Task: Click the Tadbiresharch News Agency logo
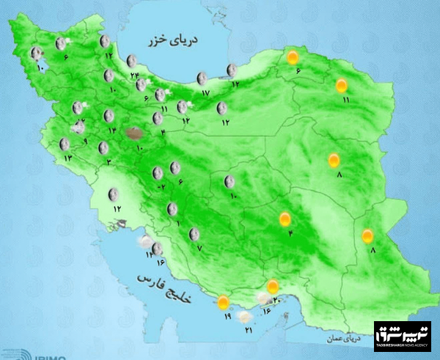(x=402, y=336)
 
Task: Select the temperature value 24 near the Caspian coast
(x=134, y=75)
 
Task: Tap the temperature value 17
(x=205, y=92)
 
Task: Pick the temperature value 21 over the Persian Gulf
(x=249, y=331)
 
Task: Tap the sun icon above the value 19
(x=223, y=301)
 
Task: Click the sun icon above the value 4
(x=285, y=218)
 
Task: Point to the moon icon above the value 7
(x=194, y=235)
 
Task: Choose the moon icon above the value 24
(x=132, y=61)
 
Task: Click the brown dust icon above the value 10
(x=134, y=133)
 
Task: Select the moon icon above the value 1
(x=172, y=209)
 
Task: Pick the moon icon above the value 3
(x=103, y=148)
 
